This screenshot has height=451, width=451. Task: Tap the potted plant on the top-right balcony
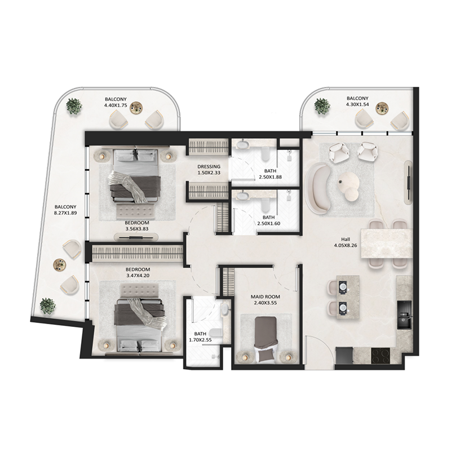[x=322, y=106]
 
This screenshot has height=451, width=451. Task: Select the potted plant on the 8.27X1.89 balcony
[x=47, y=306]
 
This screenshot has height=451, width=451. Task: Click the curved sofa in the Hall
[x=317, y=189]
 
